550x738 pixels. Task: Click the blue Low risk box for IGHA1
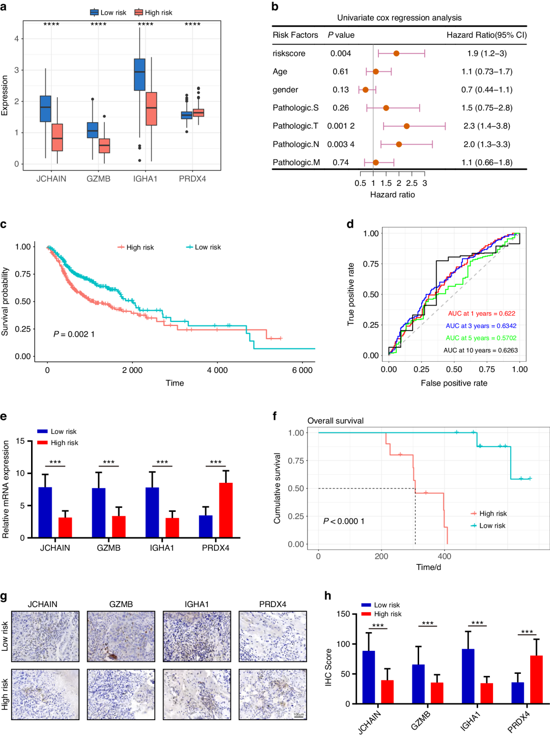tap(140, 74)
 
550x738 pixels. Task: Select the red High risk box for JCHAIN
tap(57, 138)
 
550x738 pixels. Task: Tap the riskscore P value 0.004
tap(341, 53)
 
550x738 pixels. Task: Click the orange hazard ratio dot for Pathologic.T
tap(406, 126)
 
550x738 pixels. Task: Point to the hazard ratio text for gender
tap(487, 90)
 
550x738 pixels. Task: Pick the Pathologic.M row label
tap(296, 162)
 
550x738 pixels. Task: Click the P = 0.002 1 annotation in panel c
tap(74, 334)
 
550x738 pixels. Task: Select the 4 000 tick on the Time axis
tap(217, 370)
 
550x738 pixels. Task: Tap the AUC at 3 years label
tap(481, 326)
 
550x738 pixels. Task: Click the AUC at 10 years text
tap(480, 350)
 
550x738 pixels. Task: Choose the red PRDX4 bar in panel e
tap(226, 510)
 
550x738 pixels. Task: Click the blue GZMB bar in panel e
tap(99, 512)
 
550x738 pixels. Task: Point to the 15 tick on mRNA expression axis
tap(20, 441)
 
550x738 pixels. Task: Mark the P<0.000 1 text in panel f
tap(344, 521)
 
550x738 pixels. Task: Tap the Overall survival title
tap(335, 421)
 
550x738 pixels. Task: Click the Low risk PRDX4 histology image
tap(272, 636)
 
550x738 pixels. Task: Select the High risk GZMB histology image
tap(121, 694)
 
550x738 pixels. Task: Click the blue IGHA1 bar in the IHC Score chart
tap(468, 676)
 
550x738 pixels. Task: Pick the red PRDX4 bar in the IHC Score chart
tap(536, 679)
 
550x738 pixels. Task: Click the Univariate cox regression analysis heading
tap(399, 18)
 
